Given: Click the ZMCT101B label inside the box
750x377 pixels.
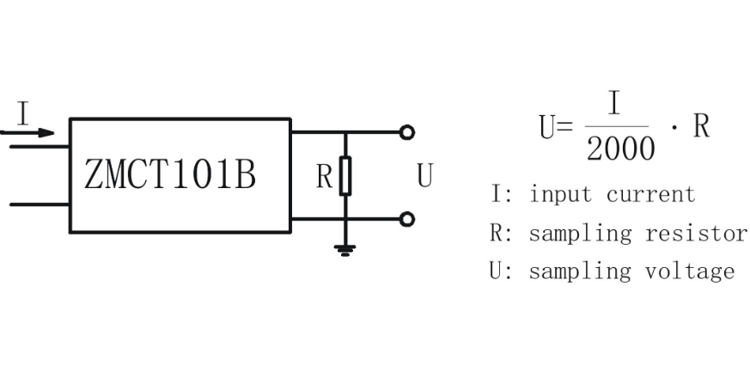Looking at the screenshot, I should [x=169, y=175].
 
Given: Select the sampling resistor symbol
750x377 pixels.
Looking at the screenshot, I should [x=345, y=175].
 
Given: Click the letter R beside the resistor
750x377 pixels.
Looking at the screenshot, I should [x=324, y=176].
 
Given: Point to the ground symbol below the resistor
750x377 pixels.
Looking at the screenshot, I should [x=345, y=251].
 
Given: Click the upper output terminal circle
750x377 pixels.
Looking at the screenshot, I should [x=407, y=132].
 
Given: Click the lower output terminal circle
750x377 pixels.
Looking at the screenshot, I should [x=407, y=219].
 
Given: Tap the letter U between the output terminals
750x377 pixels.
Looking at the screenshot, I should [x=424, y=176].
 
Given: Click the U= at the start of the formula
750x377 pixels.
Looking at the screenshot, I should [x=555, y=127].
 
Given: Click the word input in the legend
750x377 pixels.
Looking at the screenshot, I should [x=560, y=195].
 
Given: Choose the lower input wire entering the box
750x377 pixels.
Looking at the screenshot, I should [x=40, y=205].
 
